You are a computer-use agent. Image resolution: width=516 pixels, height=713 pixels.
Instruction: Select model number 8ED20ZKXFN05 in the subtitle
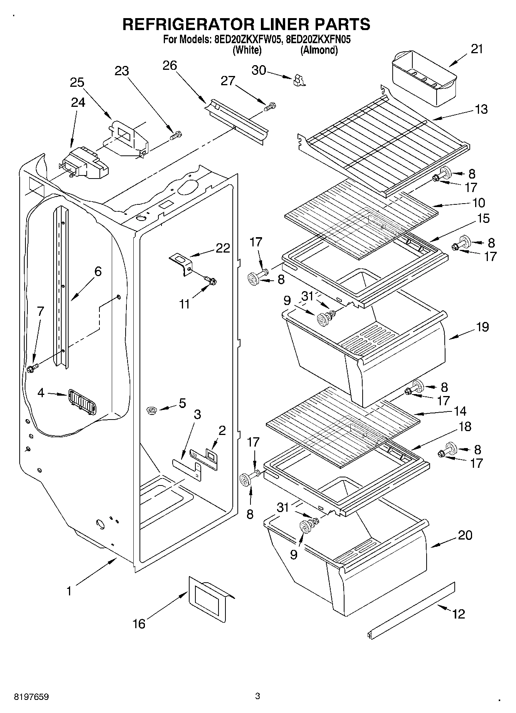point(318,39)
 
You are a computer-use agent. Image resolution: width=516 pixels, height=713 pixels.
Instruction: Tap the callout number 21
point(477,49)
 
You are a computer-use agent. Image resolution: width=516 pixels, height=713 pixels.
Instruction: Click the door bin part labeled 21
point(424,79)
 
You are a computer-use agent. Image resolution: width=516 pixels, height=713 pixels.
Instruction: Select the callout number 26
point(170,66)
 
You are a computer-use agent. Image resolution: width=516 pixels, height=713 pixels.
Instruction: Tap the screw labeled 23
point(176,136)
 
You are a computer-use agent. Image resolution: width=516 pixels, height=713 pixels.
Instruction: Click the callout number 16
point(139,623)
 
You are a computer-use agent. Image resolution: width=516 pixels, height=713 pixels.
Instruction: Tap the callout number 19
point(482,327)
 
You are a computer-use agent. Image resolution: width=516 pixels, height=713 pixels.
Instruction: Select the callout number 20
point(465,536)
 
